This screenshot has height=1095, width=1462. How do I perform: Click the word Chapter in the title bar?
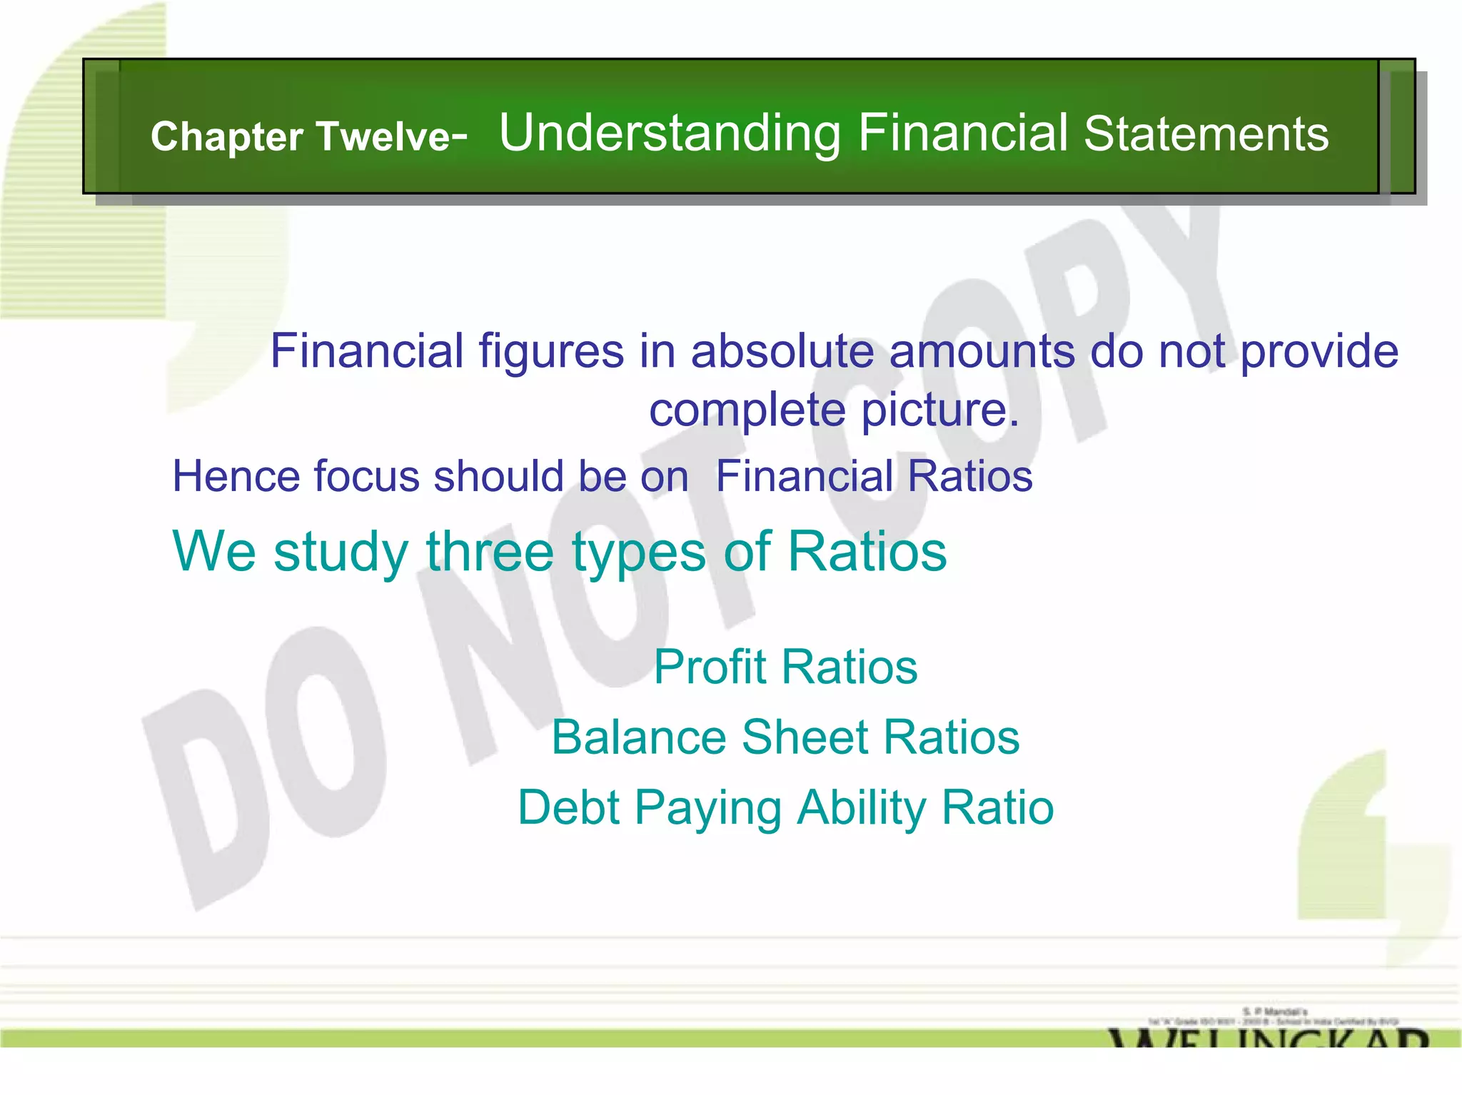pos(227,136)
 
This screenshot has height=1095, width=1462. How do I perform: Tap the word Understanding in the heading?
pos(670,133)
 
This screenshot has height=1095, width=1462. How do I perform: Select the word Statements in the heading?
pos(1206,133)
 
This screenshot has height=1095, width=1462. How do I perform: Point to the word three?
pos(489,552)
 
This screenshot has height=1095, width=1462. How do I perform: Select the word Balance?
pos(638,737)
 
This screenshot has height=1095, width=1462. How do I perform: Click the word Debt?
pos(568,807)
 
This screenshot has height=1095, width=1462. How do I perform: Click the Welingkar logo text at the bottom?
pos(1268,1036)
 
